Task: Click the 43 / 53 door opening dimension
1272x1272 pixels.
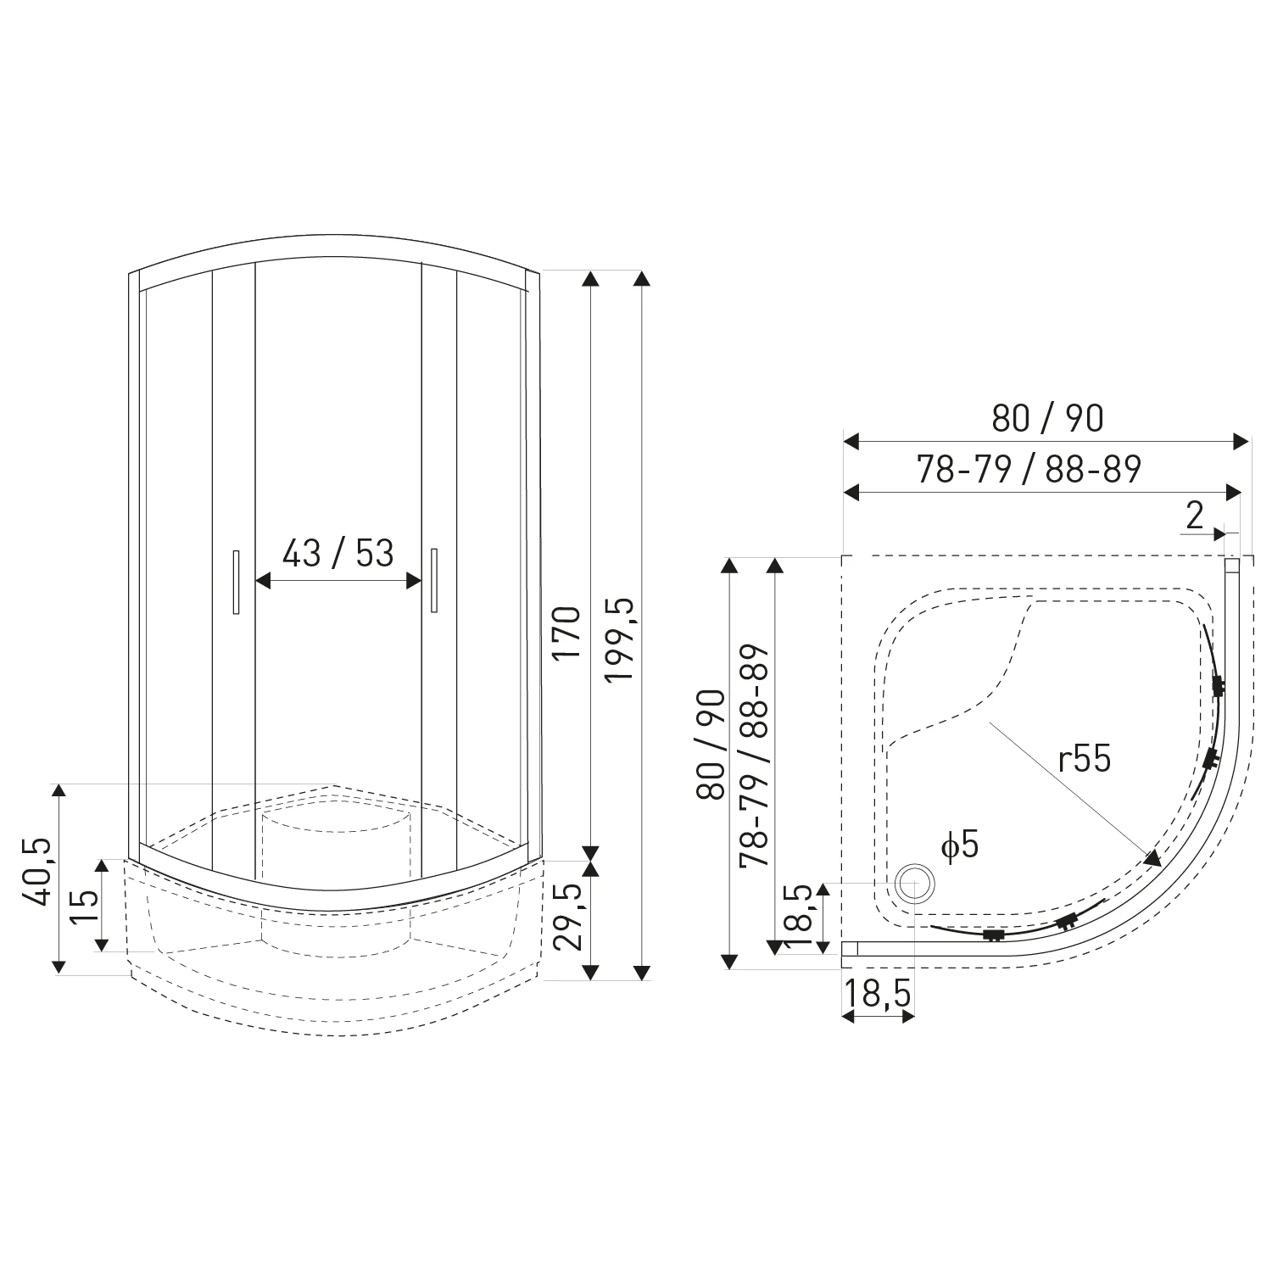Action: tap(338, 553)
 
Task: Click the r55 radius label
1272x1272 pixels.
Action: tap(1085, 760)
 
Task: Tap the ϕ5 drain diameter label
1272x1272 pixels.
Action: tap(959, 845)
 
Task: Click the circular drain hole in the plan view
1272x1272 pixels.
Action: tap(914, 883)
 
